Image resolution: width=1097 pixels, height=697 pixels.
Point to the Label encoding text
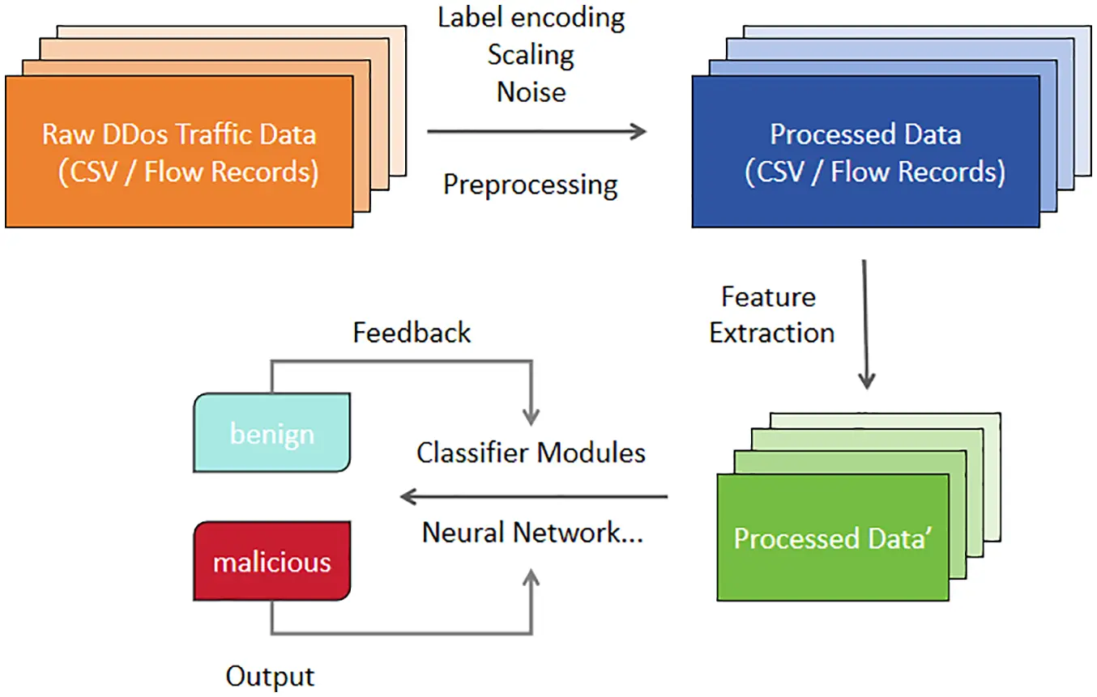(531, 18)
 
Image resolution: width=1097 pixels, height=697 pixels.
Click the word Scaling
(531, 55)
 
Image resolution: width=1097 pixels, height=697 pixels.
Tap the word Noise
(531, 91)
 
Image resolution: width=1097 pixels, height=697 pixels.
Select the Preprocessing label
(530, 185)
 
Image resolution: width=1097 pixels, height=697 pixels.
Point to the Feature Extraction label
(771, 315)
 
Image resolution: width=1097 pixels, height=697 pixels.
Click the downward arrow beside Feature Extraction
(865, 324)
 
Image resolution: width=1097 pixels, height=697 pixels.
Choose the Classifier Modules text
(531, 452)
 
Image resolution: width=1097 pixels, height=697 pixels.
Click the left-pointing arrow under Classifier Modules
(535, 496)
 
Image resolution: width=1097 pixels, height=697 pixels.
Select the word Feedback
(412, 333)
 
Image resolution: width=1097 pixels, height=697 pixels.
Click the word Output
(270, 676)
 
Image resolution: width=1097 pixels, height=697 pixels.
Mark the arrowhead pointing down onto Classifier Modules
(531, 417)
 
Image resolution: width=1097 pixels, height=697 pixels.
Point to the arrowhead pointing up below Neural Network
(531, 576)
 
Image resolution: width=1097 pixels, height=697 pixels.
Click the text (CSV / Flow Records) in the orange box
(188, 172)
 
